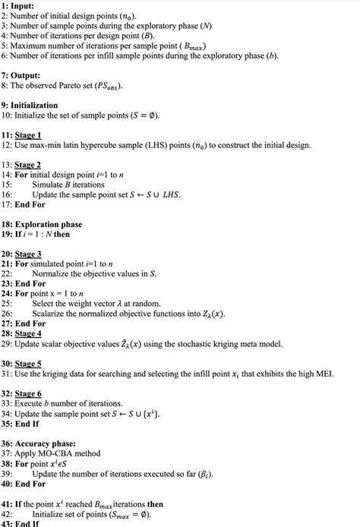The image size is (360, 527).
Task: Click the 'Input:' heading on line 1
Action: point(22,6)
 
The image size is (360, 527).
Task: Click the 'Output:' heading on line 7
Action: point(27,76)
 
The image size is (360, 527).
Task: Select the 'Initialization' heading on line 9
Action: point(36,106)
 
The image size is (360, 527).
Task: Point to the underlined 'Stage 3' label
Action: point(31,254)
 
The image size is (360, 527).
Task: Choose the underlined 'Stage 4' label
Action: point(31,333)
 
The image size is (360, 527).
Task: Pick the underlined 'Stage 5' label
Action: point(31,363)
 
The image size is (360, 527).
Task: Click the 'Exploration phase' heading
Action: point(49,225)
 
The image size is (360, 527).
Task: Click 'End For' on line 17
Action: point(30,204)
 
